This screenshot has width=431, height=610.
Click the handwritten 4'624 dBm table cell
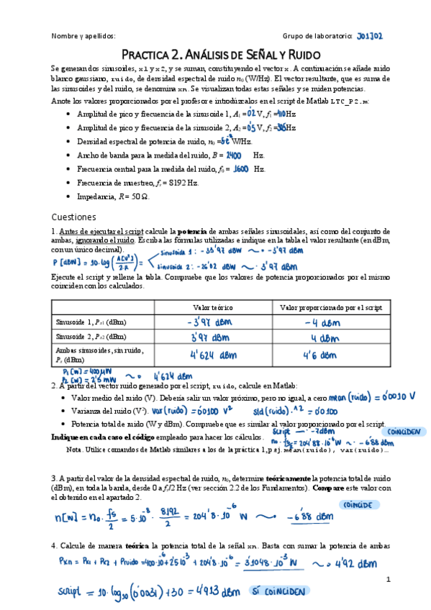click(207, 354)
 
